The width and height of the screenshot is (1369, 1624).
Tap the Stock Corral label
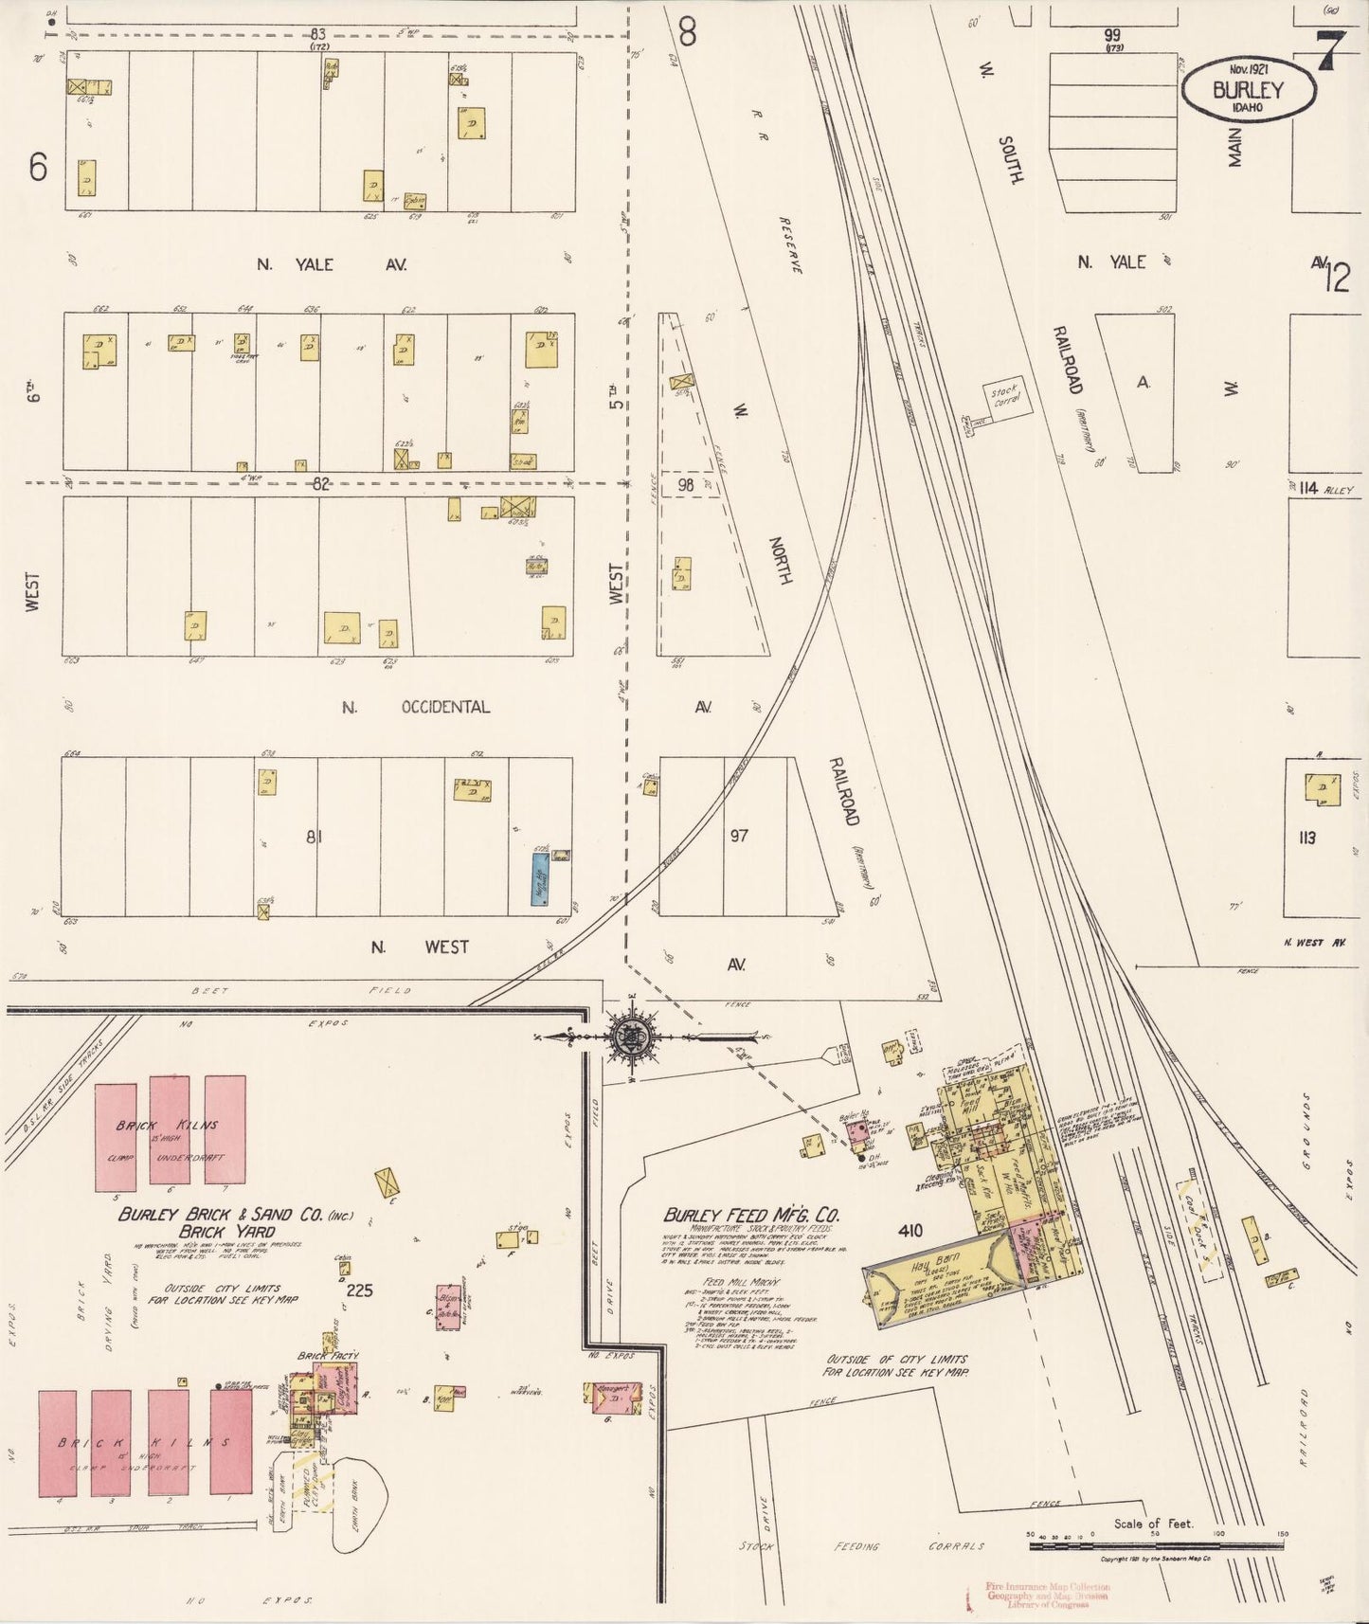point(1005,397)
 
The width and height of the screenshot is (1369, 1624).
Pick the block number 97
point(740,837)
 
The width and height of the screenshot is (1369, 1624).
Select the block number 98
point(686,485)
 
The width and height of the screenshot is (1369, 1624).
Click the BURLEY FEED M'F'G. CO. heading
point(753,1216)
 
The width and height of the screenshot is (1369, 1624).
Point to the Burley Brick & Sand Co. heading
point(235,1216)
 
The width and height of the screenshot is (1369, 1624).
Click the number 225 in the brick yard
point(360,1290)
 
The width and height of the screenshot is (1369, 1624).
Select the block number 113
point(1307,838)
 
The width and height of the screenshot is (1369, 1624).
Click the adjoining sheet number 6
point(38,168)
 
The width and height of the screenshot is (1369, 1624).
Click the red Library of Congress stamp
point(1046,1595)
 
